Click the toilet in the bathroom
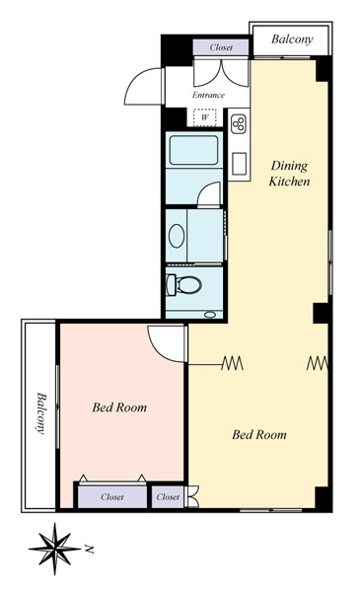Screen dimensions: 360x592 (x=183, y=285)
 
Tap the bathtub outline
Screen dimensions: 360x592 (x=194, y=150)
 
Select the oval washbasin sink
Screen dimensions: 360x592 (x=177, y=236)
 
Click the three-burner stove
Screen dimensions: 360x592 (x=239, y=123)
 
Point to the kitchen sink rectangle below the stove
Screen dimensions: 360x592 (x=239, y=164)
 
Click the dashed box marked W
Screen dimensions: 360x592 (x=204, y=117)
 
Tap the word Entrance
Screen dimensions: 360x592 (x=209, y=95)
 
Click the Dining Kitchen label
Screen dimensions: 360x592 (x=289, y=174)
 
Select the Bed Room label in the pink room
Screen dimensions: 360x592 (x=119, y=407)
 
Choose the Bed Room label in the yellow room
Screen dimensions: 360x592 (x=259, y=434)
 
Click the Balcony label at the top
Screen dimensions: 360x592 (x=292, y=39)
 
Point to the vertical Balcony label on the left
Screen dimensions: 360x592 (x=41, y=413)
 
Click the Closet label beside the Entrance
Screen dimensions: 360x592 (x=221, y=47)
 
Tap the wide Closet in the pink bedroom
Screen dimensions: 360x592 (x=112, y=497)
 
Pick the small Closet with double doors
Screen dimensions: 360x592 (x=168, y=497)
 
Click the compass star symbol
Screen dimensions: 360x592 (x=54, y=549)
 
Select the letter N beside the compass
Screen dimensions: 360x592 (x=89, y=549)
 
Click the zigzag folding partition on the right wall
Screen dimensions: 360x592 (x=317, y=363)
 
